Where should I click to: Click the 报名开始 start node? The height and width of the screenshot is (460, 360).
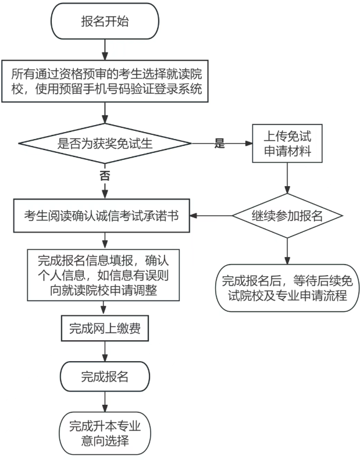(105, 22)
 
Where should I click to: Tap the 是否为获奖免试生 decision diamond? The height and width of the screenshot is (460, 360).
(105, 144)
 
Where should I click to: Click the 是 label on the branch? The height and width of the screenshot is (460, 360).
(219, 144)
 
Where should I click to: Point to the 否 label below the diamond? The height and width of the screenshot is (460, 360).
(105, 176)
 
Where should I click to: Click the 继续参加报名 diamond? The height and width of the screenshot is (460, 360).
(287, 216)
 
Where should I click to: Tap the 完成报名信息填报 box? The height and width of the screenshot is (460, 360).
(105, 274)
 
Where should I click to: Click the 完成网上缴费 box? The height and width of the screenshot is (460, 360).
(105, 329)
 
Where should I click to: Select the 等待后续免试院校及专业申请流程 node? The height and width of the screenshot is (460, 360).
(287, 288)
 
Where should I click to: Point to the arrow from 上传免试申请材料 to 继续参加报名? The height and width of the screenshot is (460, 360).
(287, 177)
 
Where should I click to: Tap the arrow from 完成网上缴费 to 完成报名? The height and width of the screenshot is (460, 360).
(105, 351)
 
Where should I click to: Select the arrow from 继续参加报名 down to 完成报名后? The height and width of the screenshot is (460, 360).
(287, 250)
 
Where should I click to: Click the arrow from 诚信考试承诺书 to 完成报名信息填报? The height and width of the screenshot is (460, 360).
(105, 238)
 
